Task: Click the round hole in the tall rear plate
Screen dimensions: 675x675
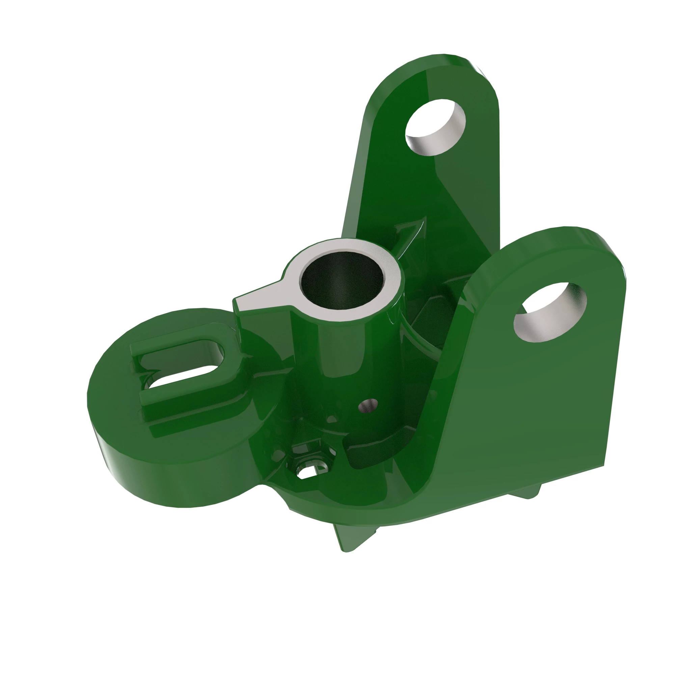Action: [435, 127]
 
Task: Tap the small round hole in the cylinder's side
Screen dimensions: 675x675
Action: [368, 405]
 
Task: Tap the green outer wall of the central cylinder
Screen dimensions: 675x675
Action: [335, 349]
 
